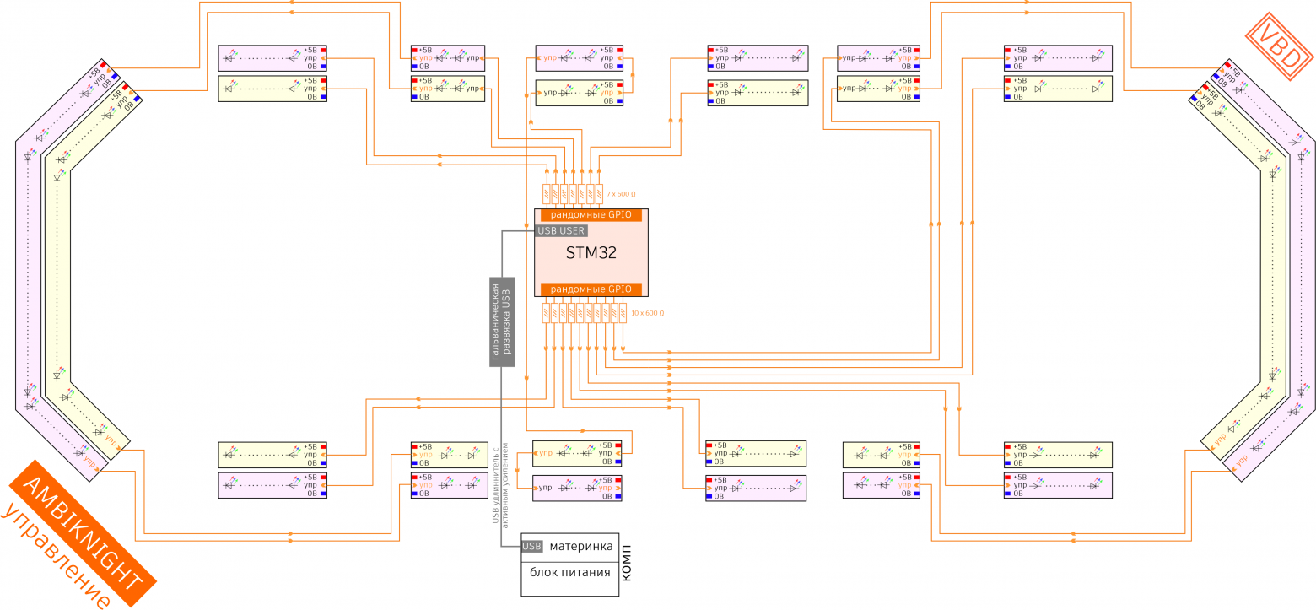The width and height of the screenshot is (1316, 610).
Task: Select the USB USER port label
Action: click(x=561, y=230)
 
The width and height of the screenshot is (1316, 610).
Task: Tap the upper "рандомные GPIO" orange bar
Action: click(x=591, y=215)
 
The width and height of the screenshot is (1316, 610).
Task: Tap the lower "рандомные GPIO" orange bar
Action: click(x=591, y=289)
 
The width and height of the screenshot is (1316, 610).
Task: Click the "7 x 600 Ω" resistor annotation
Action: click(x=623, y=194)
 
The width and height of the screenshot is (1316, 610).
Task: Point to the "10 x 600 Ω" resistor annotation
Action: click(x=647, y=313)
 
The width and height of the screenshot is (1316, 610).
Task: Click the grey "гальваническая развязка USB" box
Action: click(x=502, y=321)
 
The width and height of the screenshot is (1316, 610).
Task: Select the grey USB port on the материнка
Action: click(x=531, y=546)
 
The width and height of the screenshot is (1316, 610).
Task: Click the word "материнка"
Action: click(x=581, y=547)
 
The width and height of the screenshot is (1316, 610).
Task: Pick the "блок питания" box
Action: click(x=569, y=573)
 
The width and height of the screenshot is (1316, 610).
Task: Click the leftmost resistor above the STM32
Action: click(x=547, y=194)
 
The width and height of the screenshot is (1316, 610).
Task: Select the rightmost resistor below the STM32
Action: click(x=623, y=313)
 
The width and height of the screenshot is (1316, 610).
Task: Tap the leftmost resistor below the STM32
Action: click(x=547, y=313)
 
